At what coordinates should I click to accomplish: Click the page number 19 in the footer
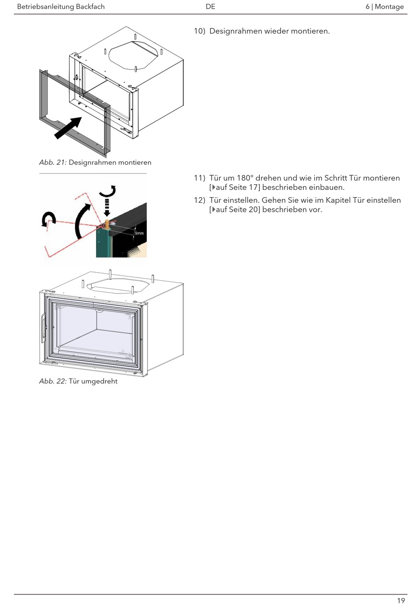pos(401,600)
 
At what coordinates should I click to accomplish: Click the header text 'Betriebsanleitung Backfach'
pos(61,6)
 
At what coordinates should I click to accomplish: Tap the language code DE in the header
pos(211,6)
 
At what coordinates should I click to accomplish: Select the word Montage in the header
pos(389,6)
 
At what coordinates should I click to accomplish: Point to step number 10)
pos(199,31)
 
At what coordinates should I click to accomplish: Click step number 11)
pos(199,178)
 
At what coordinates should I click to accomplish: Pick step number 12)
pos(199,200)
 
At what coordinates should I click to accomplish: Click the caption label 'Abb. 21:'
pos(53,163)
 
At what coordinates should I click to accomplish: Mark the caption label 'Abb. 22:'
pos(53,381)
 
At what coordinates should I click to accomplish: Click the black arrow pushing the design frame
pos(68,128)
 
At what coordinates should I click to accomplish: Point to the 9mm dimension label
pos(139,233)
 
